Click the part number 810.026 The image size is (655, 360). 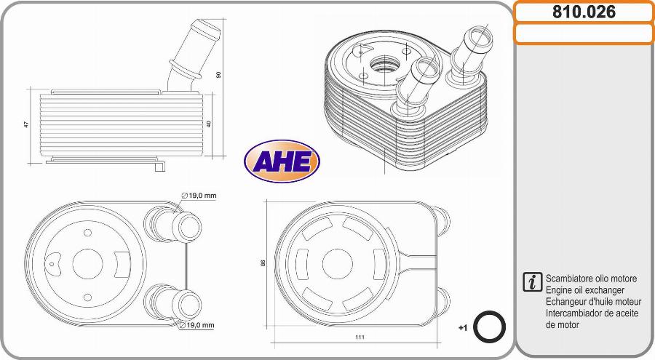tap(584, 12)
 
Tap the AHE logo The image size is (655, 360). tap(282, 161)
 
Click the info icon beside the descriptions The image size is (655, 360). tap(533, 282)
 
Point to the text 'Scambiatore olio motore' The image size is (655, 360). tap(591, 279)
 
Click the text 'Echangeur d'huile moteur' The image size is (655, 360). tap(593, 302)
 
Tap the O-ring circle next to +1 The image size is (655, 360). tap(490, 327)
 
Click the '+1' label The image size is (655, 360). tap(462, 328)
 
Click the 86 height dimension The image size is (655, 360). tap(263, 263)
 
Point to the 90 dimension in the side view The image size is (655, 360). tap(218, 74)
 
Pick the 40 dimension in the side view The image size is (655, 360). tap(209, 124)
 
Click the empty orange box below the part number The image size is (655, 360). tap(584, 33)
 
